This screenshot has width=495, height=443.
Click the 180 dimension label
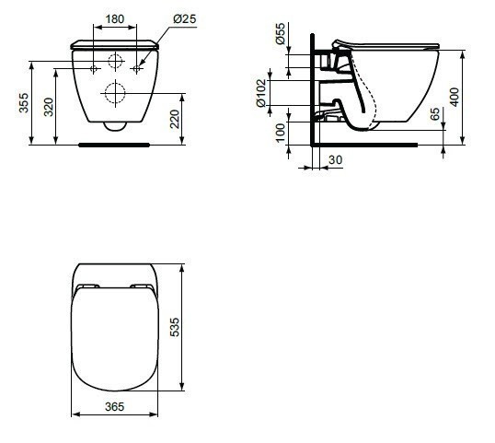(x=114, y=19)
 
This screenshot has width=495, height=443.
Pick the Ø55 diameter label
(x=280, y=36)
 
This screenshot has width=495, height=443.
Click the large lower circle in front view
(x=116, y=92)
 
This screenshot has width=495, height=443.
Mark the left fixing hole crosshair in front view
(x=96, y=69)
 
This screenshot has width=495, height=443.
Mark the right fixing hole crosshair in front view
(x=136, y=69)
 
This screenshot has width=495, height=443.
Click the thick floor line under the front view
(x=116, y=145)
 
